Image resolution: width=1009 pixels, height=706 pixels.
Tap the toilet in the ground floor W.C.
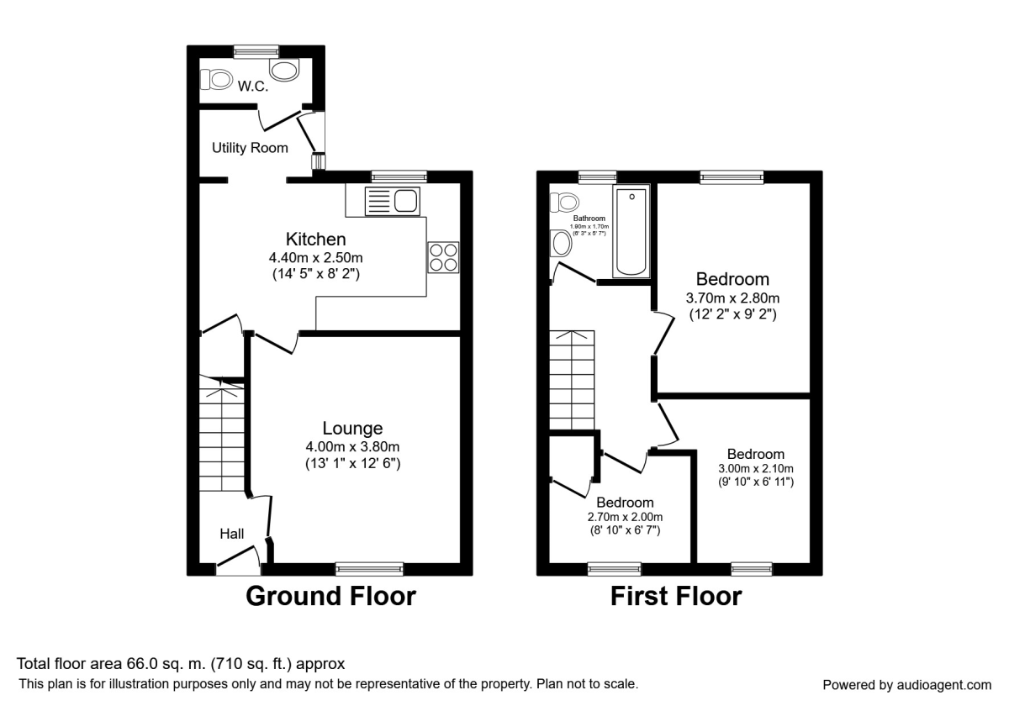218,79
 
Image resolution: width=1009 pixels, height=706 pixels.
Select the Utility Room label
250,148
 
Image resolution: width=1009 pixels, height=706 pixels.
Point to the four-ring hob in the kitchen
443,256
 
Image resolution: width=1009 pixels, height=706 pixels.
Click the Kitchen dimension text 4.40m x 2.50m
315,257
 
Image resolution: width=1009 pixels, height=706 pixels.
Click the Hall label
232,533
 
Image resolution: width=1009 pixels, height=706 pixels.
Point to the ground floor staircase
223,441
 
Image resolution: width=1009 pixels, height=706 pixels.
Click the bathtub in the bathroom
631,233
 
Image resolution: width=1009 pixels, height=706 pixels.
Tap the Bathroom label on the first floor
589,219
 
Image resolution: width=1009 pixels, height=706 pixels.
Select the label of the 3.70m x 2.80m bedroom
732,279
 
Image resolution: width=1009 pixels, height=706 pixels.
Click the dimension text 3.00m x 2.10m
756,469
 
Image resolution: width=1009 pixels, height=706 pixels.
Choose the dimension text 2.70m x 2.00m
626,517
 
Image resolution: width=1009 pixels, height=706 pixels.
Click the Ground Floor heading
330,596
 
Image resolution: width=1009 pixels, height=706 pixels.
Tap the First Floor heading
676,596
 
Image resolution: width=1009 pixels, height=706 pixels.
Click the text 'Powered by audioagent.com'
906,684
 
